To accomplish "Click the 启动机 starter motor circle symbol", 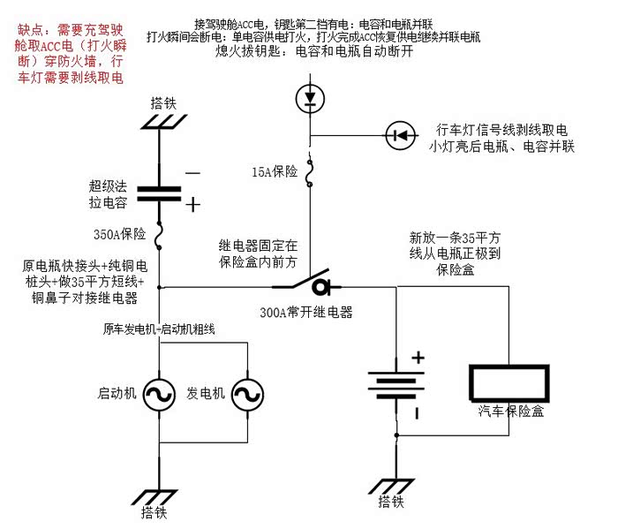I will [x=159, y=391].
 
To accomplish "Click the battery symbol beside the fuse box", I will [x=398, y=386].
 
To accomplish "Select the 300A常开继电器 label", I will [x=306, y=311].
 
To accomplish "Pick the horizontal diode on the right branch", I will [x=401, y=135].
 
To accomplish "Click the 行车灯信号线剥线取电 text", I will [x=499, y=130].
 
